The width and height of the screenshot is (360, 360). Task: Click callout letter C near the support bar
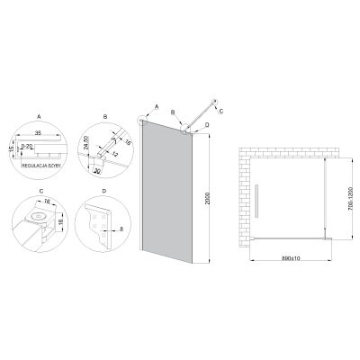click(220, 111)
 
